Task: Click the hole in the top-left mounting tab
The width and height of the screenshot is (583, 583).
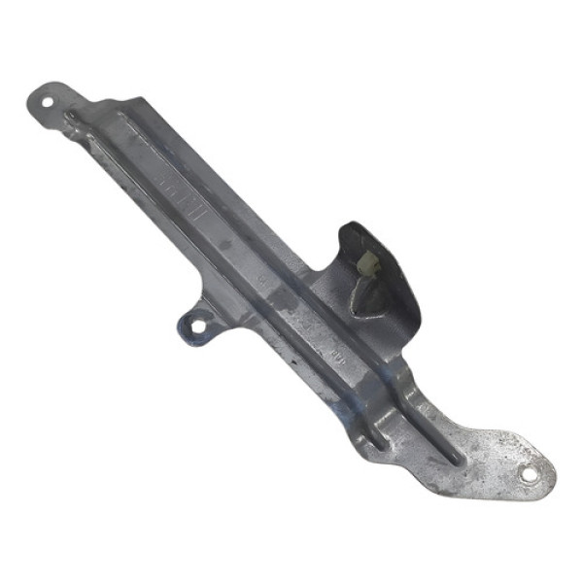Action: [x=47, y=100]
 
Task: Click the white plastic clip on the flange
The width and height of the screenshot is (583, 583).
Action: [x=368, y=263]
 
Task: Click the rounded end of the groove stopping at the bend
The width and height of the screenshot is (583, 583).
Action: [x=380, y=442]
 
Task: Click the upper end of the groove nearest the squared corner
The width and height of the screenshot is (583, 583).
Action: [x=121, y=117]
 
